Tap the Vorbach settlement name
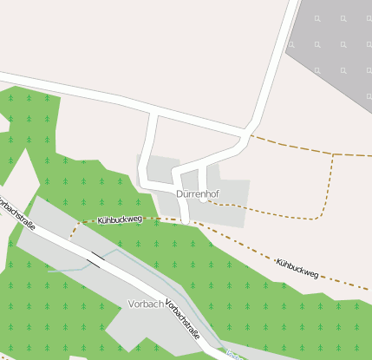pos(145,304)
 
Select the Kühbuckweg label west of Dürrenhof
pos(120,220)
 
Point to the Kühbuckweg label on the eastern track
pos(297,268)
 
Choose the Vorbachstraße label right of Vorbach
pos(183,319)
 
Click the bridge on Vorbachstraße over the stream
pos(94,258)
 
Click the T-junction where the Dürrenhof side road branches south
pos(154,113)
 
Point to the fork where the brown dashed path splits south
pos(333,154)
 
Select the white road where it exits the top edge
pos(292,3)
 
